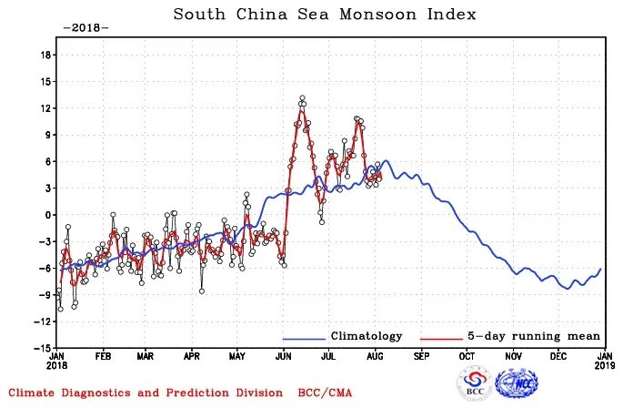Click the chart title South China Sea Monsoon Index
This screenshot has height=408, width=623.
[x=324, y=15]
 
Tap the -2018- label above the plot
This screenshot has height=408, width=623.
[x=85, y=27]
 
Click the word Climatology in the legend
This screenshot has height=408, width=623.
[x=366, y=336]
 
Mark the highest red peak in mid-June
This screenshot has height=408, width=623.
[x=302, y=98]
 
